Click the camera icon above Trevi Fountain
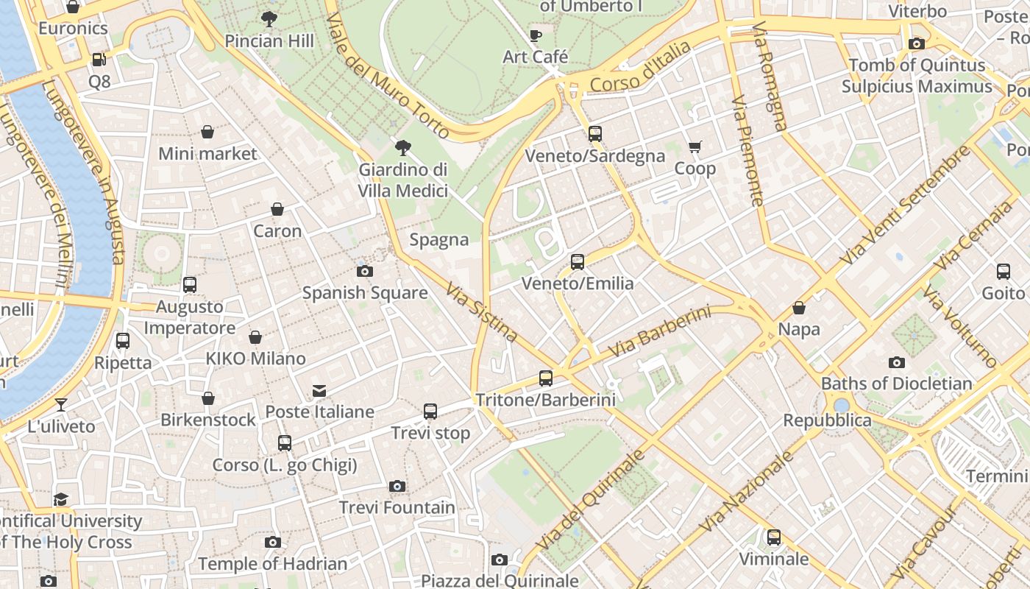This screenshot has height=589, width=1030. pyautogui.click(x=397, y=486)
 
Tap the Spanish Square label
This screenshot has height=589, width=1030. pyautogui.click(x=365, y=293)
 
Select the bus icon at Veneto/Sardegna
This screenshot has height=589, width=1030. pyautogui.click(x=595, y=134)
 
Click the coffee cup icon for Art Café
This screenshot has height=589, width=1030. pyautogui.click(x=536, y=35)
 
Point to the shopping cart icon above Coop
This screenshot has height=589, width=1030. pyautogui.click(x=695, y=147)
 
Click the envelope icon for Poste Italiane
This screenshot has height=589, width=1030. pyautogui.click(x=319, y=390)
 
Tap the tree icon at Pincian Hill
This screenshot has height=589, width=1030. pyautogui.click(x=269, y=19)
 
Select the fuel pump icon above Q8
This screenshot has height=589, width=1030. pyautogui.click(x=99, y=60)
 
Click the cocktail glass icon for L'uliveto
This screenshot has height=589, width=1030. pyautogui.click(x=61, y=405)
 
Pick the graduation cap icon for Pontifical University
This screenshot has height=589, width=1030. pyautogui.click(x=60, y=500)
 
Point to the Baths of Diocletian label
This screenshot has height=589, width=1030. pyautogui.click(x=896, y=384)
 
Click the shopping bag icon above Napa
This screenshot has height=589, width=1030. pyautogui.click(x=799, y=308)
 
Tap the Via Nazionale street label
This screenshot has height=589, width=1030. pyautogui.click(x=746, y=492)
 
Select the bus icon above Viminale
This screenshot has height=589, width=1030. pyautogui.click(x=773, y=537)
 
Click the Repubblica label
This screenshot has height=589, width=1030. pyautogui.click(x=827, y=420)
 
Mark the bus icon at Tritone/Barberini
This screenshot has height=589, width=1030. pyautogui.click(x=546, y=378)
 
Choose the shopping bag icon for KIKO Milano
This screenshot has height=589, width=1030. pyautogui.click(x=255, y=337)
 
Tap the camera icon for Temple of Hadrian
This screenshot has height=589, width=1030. pyautogui.click(x=273, y=543)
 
